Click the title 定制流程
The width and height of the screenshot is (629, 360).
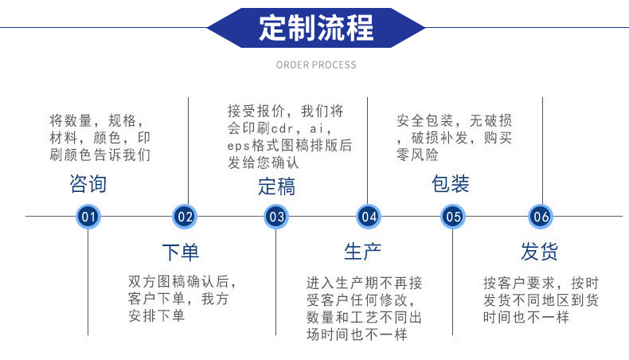point(315,28)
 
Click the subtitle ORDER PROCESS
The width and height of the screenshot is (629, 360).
point(316,65)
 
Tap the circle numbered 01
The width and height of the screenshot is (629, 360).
point(88,216)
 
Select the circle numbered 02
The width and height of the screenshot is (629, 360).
point(185,216)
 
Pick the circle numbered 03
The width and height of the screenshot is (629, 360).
point(276,216)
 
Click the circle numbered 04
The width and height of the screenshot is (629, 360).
point(368,216)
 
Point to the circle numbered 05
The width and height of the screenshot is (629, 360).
point(453,216)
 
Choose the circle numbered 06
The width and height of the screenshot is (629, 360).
point(541,216)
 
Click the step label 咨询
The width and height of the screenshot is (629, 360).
point(88,185)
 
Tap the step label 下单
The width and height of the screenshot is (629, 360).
point(181,252)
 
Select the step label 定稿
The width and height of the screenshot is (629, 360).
point(276,186)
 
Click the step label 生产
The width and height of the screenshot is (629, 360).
point(363,252)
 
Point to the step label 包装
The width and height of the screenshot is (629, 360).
point(450,185)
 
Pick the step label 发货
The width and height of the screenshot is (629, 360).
point(540,252)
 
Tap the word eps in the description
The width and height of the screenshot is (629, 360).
point(238,147)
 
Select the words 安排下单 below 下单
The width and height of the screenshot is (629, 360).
point(156,316)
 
